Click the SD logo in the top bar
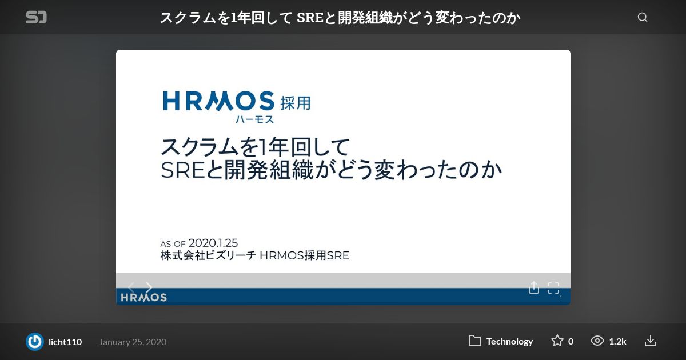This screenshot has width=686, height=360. pyautogui.click(x=36, y=17)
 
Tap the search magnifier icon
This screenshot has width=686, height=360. pyautogui.click(x=643, y=17)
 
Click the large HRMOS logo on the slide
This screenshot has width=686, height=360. pyautogui.click(x=218, y=101)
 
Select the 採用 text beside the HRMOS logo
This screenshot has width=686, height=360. pyautogui.click(x=296, y=103)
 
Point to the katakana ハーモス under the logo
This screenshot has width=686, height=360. pyautogui.click(x=254, y=119)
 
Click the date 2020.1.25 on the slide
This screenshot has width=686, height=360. pyautogui.click(x=213, y=243)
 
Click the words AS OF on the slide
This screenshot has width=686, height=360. pyautogui.click(x=173, y=244)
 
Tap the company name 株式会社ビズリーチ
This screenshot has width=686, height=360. pyautogui.click(x=208, y=255)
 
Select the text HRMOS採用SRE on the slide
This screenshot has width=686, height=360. pyautogui.click(x=304, y=255)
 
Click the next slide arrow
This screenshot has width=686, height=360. pyautogui.click(x=149, y=287)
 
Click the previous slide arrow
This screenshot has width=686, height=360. pyautogui.click(x=131, y=287)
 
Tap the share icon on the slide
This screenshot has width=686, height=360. pyautogui.click(x=534, y=287)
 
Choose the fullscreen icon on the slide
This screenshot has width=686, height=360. pyautogui.click(x=553, y=288)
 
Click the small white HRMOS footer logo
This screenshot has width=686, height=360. pyautogui.click(x=143, y=297)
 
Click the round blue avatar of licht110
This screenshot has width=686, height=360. pyautogui.click(x=35, y=342)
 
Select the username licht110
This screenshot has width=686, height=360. pyautogui.click(x=65, y=342)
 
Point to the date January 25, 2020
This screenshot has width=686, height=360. pyautogui.click(x=133, y=342)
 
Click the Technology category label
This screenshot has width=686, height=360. pyautogui.click(x=509, y=341)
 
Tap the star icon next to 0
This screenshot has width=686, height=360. pyautogui.click(x=557, y=341)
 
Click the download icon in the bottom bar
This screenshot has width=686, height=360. pyautogui.click(x=650, y=341)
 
